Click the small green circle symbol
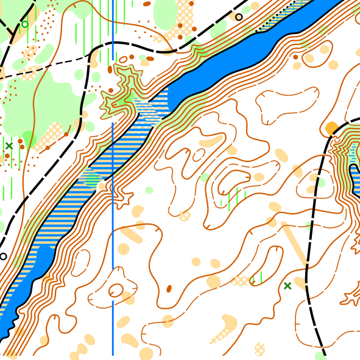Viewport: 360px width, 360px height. [x=25, y=24]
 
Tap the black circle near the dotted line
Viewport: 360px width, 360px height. [x=239, y=17]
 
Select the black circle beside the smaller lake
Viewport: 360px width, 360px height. [x=4, y=256]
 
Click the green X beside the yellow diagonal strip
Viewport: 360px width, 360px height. [x=288, y=286]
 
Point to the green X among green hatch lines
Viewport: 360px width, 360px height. [x=9, y=146]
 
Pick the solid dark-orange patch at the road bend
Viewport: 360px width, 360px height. [x=331, y=129]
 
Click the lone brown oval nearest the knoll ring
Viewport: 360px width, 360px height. [x=169, y=288]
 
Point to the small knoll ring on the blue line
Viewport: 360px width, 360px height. [x=115, y=291]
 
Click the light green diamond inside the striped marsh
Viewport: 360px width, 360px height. [x=91, y=178]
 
